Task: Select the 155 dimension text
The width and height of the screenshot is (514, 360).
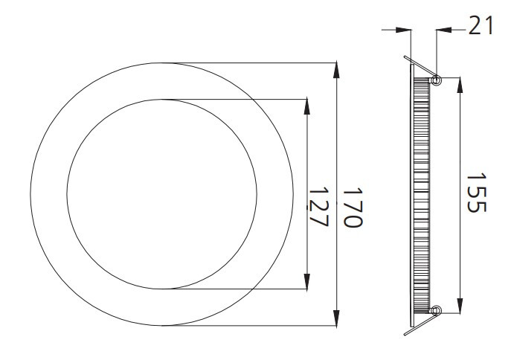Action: (476, 193)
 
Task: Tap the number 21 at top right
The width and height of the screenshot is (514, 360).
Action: (482, 28)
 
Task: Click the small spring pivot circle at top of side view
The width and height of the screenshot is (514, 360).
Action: (436, 79)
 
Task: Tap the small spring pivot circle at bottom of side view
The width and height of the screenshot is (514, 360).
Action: (436, 309)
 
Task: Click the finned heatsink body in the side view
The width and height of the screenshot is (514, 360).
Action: (421, 193)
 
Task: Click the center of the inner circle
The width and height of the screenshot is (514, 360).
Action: (162, 193)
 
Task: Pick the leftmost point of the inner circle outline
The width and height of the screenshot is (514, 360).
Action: (67, 193)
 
